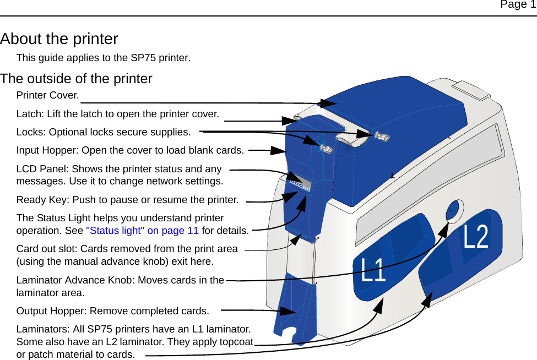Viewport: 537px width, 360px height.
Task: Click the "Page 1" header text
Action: click(x=517, y=5)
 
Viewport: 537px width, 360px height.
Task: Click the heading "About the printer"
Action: click(x=59, y=39)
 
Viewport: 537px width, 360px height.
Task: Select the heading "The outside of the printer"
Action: click(x=76, y=79)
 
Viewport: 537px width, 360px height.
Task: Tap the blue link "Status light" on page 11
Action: click(x=143, y=231)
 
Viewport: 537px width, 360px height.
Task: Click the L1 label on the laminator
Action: click(x=373, y=270)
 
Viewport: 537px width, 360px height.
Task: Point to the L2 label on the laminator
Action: click(x=476, y=237)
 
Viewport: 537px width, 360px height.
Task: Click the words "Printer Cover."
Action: click(x=47, y=95)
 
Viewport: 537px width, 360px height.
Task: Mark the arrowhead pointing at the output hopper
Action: click(x=289, y=312)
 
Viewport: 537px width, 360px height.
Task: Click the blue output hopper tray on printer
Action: click(x=297, y=308)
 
